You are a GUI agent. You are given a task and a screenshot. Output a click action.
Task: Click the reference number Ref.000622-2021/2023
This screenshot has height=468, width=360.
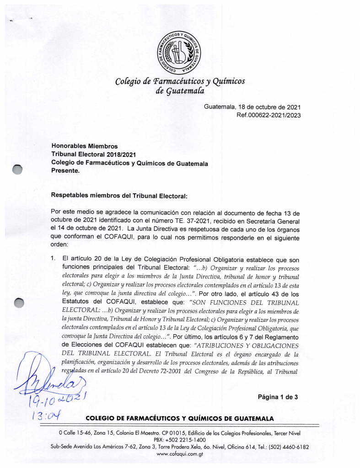click(x=268, y=115)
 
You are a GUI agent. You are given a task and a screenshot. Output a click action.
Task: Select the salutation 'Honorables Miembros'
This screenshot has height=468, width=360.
click(x=85, y=147)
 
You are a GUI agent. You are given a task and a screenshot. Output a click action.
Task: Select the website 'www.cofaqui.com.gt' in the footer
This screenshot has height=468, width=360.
click(x=180, y=454)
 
